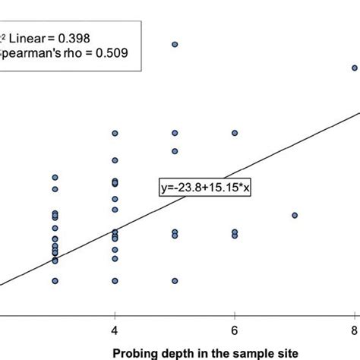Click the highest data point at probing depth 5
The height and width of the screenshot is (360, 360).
pos(175,45)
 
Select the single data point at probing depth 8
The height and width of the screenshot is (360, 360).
pos(355,68)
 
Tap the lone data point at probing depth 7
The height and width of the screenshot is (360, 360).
pos(295,215)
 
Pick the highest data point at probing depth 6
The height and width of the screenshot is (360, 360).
pos(235,133)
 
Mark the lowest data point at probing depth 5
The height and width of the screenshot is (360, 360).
pos(175,280)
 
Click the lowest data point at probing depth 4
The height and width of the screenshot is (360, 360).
pos(115,280)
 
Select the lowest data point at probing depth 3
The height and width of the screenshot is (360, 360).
pos(55,280)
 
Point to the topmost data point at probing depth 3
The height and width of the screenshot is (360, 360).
pos(55,178)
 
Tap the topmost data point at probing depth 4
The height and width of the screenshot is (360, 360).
pos(115,133)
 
